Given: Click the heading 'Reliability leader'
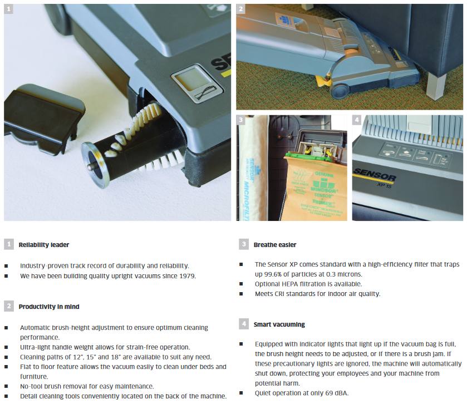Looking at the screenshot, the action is click(44, 245).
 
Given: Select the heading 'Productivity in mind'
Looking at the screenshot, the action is click(49, 307).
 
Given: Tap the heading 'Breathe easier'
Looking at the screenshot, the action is click(275, 245).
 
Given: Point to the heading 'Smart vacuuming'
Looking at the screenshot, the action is click(279, 324).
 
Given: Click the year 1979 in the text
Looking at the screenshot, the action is click(186, 276).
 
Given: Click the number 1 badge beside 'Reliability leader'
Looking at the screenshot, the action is click(9, 244).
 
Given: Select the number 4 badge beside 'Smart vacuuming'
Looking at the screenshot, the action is click(244, 324).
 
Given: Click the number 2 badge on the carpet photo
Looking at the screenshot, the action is click(240, 9).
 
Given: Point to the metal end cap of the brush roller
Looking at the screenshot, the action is click(95, 165).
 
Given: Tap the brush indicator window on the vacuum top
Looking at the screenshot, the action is click(197, 84).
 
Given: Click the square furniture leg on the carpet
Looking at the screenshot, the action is click(436, 86).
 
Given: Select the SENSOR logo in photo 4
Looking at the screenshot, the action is click(375, 175).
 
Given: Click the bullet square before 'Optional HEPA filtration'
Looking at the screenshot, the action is click(241, 284).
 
